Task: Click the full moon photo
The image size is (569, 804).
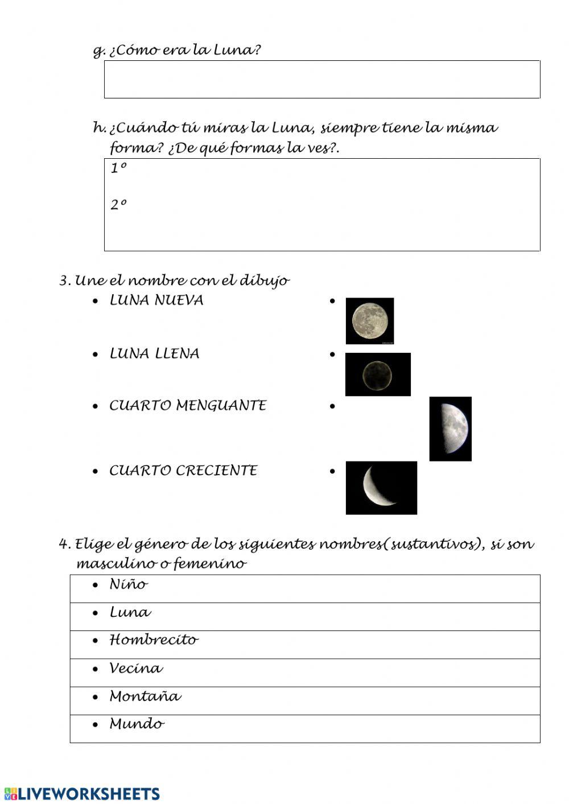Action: [x=369, y=320]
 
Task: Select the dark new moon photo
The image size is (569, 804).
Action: [x=377, y=374]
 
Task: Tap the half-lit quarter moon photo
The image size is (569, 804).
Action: [x=450, y=428]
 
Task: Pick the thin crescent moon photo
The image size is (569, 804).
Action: [x=381, y=488]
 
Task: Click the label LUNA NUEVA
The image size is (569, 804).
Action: [x=156, y=300]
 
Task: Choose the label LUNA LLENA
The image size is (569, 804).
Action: [x=154, y=354]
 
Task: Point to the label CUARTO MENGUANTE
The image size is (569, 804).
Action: [x=187, y=406]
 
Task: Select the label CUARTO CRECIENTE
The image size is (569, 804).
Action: [x=183, y=471]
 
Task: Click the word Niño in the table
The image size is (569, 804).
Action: [x=128, y=584]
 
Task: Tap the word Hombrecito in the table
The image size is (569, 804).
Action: [x=154, y=640]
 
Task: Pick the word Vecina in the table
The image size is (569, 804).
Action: [x=135, y=668]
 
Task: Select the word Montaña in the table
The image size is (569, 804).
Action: [x=145, y=696]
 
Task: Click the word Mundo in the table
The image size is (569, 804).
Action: [x=137, y=724]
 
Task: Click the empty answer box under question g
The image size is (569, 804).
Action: [x=321, y=80]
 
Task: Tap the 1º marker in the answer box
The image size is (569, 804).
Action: [x=118, y=168]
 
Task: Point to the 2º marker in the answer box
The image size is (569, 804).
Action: [x=118, y=205]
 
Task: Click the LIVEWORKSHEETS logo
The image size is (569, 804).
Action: [x=82, y=794]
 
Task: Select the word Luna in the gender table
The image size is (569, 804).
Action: [x=130, y=613]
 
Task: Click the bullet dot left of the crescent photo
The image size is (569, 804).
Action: [x=333, y=471]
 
